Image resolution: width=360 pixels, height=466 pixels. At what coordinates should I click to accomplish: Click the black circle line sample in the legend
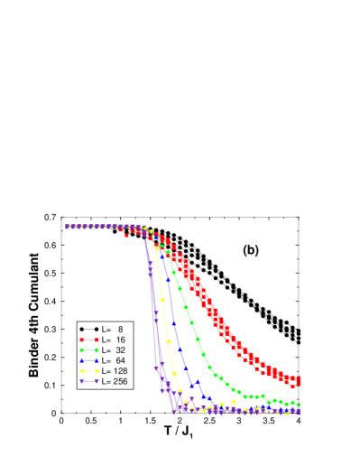88,329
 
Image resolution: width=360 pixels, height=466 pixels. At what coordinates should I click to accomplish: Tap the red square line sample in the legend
88,340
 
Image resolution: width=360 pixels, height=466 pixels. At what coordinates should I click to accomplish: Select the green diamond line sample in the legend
88,349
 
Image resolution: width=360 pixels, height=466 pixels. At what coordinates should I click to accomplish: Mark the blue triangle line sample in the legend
88,360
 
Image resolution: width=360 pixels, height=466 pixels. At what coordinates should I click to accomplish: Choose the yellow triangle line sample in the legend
88,370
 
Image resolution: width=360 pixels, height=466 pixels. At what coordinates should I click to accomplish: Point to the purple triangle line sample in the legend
88,381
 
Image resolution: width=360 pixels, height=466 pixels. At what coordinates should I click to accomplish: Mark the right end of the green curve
299,405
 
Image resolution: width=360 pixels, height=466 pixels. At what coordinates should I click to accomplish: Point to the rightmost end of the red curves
298,380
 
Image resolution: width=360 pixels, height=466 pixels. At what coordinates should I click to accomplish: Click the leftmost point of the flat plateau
68,227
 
